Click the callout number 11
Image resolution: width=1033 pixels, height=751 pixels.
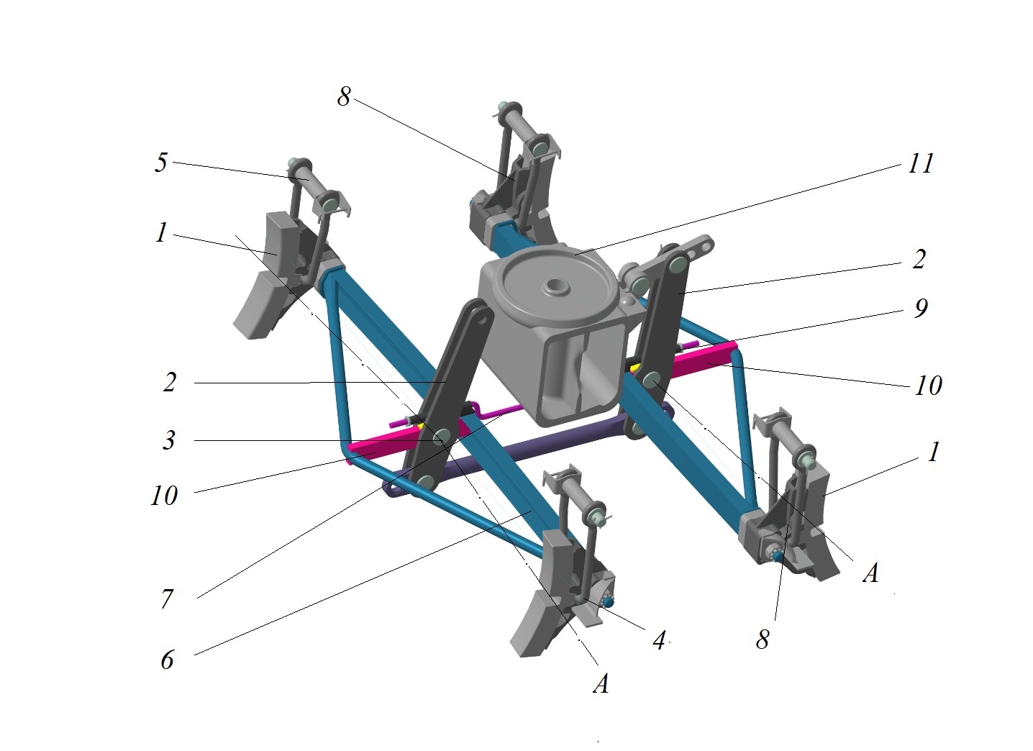920,163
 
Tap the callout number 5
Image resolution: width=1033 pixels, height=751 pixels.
160,163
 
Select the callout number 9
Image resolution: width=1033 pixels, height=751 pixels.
920,308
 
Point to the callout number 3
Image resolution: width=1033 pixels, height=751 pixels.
168,440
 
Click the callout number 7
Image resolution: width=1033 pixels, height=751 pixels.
167,598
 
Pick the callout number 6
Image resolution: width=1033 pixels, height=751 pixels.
167,659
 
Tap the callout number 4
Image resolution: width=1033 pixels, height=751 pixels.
659,639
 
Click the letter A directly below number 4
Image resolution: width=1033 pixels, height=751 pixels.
601,683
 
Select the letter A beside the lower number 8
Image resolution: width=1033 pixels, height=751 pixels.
870,573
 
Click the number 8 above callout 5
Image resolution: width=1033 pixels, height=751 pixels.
344,96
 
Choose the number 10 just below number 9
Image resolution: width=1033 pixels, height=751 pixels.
928,386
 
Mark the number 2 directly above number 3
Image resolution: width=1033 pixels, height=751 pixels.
169,382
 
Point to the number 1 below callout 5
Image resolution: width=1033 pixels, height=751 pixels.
160,232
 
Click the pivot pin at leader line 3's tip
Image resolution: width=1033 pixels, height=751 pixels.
441,435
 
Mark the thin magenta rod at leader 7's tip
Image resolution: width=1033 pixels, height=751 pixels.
496,413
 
